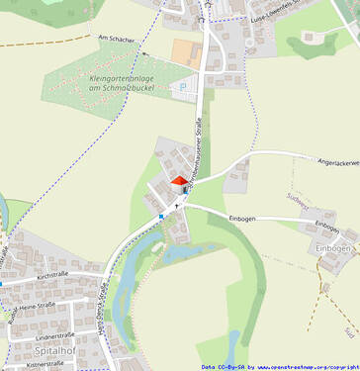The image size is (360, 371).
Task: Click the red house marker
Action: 179,180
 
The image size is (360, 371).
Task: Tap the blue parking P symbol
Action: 182,86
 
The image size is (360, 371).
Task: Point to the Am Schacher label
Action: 116,40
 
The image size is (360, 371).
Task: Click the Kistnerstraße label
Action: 46,363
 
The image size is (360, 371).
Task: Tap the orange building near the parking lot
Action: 185,51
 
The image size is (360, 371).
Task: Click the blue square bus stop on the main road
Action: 160,216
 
